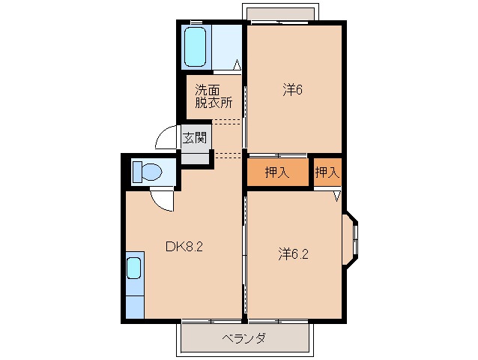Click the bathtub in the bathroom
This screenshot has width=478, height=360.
click(x=196, y=46)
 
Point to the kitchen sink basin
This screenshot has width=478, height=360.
click(x=134, y=268)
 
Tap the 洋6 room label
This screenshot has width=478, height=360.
click(x=292, y=90)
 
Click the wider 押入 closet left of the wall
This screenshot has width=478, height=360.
click(x=277, y=172)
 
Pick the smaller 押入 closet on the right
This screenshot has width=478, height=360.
click(x=327, y=172)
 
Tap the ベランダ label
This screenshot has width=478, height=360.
click(x=243, y=338)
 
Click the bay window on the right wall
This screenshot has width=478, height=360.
click(x=353, y=241)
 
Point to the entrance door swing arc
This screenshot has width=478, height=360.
click(x=166, y=139)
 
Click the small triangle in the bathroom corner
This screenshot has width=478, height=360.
click(x=237, y=64)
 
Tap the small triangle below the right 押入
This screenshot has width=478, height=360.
click(x=336, y=196)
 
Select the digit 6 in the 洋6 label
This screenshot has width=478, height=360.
click(x=299, y=90)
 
